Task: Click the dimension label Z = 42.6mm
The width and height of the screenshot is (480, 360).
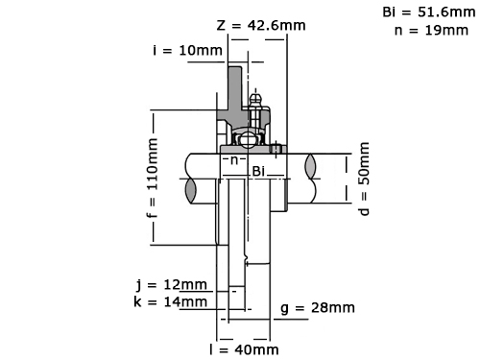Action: click(x=261, y=25)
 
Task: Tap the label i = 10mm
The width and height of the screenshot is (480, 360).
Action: click(x=187, y=50)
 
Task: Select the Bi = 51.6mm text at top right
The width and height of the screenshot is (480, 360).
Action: click(x=429, y=12)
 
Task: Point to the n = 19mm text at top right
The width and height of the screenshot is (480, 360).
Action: click(x=431, y=31)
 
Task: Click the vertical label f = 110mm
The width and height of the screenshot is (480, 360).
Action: click(x=153, y=178)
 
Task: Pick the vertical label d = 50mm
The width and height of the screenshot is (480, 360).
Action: click(x=364, y=179)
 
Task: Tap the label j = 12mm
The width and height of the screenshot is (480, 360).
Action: click(x=171, y=284)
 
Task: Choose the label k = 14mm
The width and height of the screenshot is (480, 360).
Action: click(x=171, y=301)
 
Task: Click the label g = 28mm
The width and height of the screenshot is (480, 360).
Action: click(x=318, y=308)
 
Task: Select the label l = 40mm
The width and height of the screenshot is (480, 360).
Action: click(x=244, y=349)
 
